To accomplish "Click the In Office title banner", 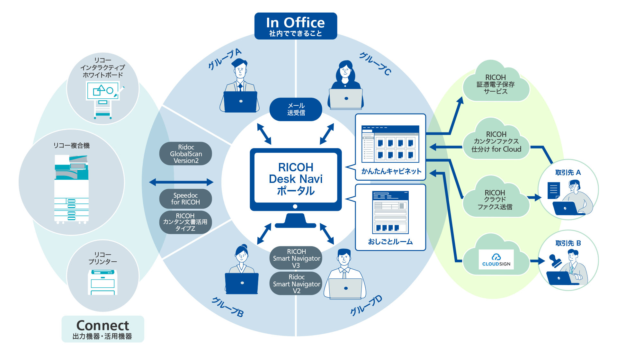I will coord(296,26).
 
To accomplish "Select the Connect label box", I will coord(103,329).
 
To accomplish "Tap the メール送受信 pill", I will coord(296,109).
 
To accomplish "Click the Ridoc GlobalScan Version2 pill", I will coord(186,154).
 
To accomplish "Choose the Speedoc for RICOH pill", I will coord(185,199).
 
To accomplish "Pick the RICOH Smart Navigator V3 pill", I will coord(296,258).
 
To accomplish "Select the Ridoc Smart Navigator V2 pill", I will coord(296,283).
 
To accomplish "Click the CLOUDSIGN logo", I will coord(496,259).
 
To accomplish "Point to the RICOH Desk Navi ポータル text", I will coord(296,179).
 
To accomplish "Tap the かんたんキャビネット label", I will coord(391,171).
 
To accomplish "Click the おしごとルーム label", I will coord(390,242).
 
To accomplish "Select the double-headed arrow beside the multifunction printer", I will coord(181,182).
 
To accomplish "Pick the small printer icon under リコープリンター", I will coord(103,282).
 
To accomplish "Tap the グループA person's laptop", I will coord(240,102).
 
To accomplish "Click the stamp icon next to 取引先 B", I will coord(555,261).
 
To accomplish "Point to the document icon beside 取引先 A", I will coord(553,191).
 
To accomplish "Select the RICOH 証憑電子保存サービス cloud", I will coord(496,84).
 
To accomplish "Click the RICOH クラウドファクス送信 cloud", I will coord(495,200).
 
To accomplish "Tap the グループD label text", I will coord(366,306).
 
